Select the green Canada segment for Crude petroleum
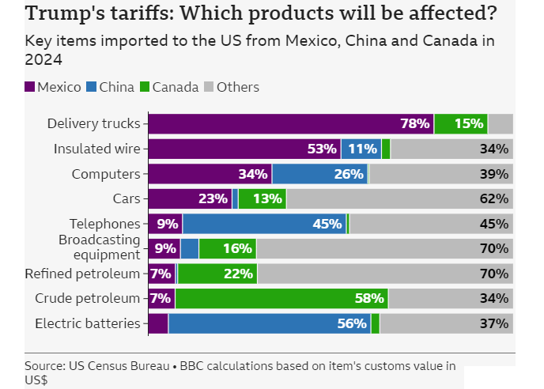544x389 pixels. coord(281,298)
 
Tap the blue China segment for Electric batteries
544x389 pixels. coord(269,323)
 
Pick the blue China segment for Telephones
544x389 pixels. coord(264,224)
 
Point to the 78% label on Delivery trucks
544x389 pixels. coord(414,123)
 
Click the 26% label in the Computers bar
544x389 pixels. coord(349,174)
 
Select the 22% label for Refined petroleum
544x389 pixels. coord(238,274)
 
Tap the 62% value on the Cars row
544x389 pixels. coord(493,198)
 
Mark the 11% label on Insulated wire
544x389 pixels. coord(363,149)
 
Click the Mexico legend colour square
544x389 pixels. coord(30,87)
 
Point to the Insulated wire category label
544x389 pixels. coord(96,149)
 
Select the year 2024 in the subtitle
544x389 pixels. coord(44,59)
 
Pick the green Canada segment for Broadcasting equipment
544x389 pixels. coord(227,248)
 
